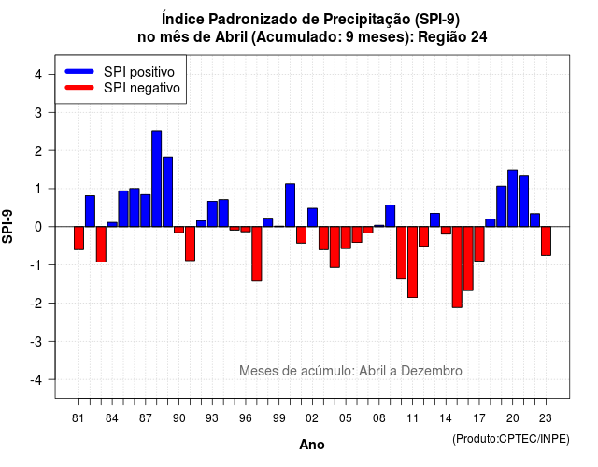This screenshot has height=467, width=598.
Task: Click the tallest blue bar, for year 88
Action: coord(156,178)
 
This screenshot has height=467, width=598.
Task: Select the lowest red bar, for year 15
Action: coord(457,267)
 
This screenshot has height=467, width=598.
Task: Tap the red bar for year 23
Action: coord(546,241)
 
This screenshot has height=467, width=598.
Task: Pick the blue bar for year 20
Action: coord(513,199)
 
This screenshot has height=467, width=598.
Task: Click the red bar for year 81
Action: coord(78,238)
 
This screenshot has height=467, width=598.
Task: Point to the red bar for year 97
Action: coord(257,254)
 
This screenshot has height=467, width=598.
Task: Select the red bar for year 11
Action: coord(412,262)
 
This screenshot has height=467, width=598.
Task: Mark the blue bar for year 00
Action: coord(290,205)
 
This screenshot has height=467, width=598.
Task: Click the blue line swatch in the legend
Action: coord(79,71)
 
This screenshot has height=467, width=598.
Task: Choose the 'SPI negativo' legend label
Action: coord(142,88)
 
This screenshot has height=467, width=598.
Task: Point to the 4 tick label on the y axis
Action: coord(38,75)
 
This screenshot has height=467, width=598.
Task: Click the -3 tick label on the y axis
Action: coord(36,342)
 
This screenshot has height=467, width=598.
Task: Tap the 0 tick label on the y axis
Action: coord(38,227)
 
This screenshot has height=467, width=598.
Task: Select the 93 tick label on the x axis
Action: coord(212,418)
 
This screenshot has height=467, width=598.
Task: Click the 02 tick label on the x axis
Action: coord(311,418)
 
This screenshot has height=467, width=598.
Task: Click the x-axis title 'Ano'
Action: coord(312,445)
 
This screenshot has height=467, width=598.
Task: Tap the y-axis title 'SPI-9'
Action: coord(7,226)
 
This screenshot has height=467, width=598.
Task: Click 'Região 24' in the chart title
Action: coord(452,37)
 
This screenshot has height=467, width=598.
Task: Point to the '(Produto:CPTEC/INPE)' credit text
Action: coord(511,439)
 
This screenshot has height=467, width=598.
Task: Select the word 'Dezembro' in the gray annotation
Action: coord(432,371)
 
